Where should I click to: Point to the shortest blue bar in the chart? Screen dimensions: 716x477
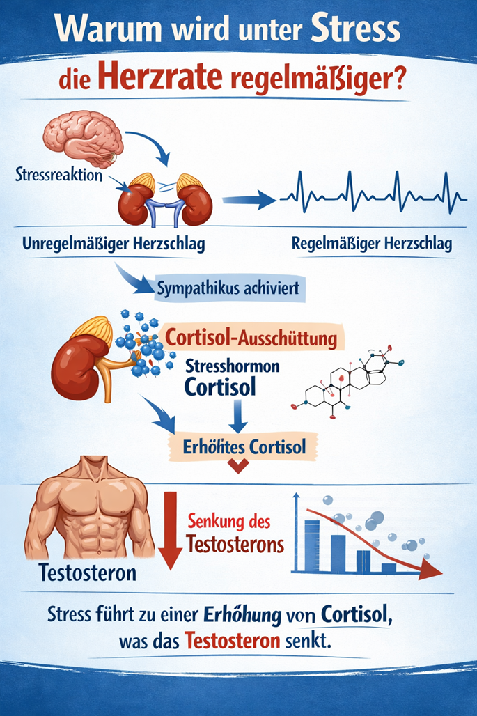tap(389, 567)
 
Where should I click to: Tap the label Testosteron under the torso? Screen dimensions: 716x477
tap(88, 574)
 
